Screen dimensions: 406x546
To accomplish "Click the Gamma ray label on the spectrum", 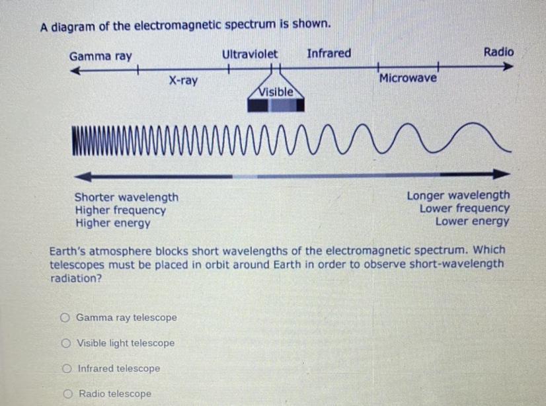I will pos(100,56).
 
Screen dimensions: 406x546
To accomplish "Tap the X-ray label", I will pos(182,81).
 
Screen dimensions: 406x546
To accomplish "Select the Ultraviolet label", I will pos(250,54).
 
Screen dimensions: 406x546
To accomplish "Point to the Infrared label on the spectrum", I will pos(329,54).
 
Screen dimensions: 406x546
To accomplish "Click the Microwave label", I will pos(408,79).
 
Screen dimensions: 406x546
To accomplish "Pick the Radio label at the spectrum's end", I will pos(498,52).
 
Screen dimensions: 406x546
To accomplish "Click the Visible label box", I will pos(276,92).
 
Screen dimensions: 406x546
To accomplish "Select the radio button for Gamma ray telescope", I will pos(65,317).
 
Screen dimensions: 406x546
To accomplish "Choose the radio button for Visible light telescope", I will pos(66,343).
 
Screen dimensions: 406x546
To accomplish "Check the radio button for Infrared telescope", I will pos(67,368).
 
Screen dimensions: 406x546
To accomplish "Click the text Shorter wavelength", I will pos(126,197).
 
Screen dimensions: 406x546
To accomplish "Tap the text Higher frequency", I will pos(120,210).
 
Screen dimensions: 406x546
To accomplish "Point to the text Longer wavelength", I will pos(458,195).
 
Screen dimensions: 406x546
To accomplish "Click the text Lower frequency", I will pos(465,208).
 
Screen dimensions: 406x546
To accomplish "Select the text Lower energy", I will pos(472,222).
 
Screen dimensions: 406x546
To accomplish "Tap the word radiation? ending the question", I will pos(76,278).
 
